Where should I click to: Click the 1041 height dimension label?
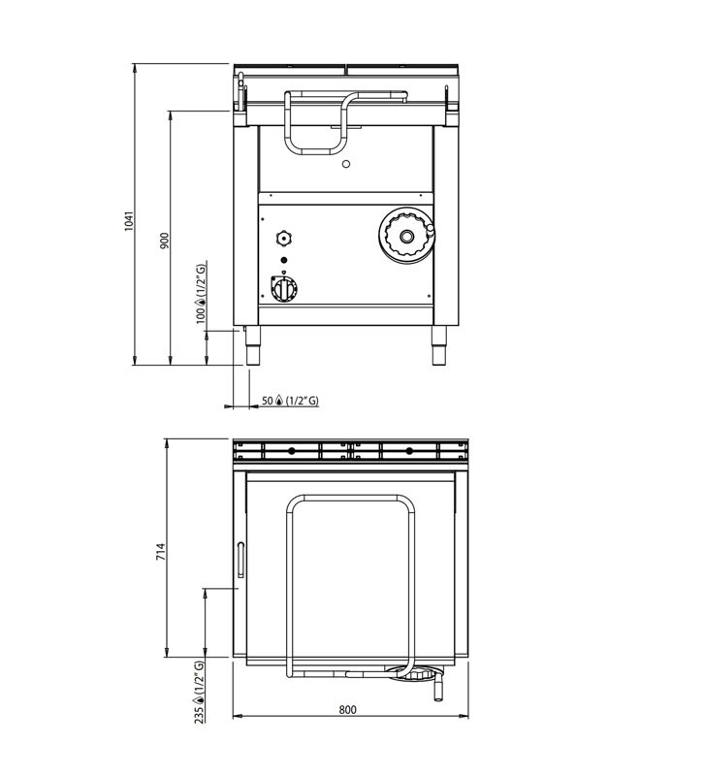point(129,221)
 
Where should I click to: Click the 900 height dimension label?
point(165,241)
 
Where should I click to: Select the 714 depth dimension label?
point(161,552)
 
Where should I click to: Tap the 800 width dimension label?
point(347,709)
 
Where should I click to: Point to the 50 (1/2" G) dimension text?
point(290,401)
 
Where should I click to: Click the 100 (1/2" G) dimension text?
point(201,294)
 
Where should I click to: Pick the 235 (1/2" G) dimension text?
point(199,692)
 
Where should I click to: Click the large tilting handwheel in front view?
point(406,236)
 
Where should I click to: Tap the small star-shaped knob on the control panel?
point(283,238)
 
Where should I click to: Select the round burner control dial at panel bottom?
point(284,288)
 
